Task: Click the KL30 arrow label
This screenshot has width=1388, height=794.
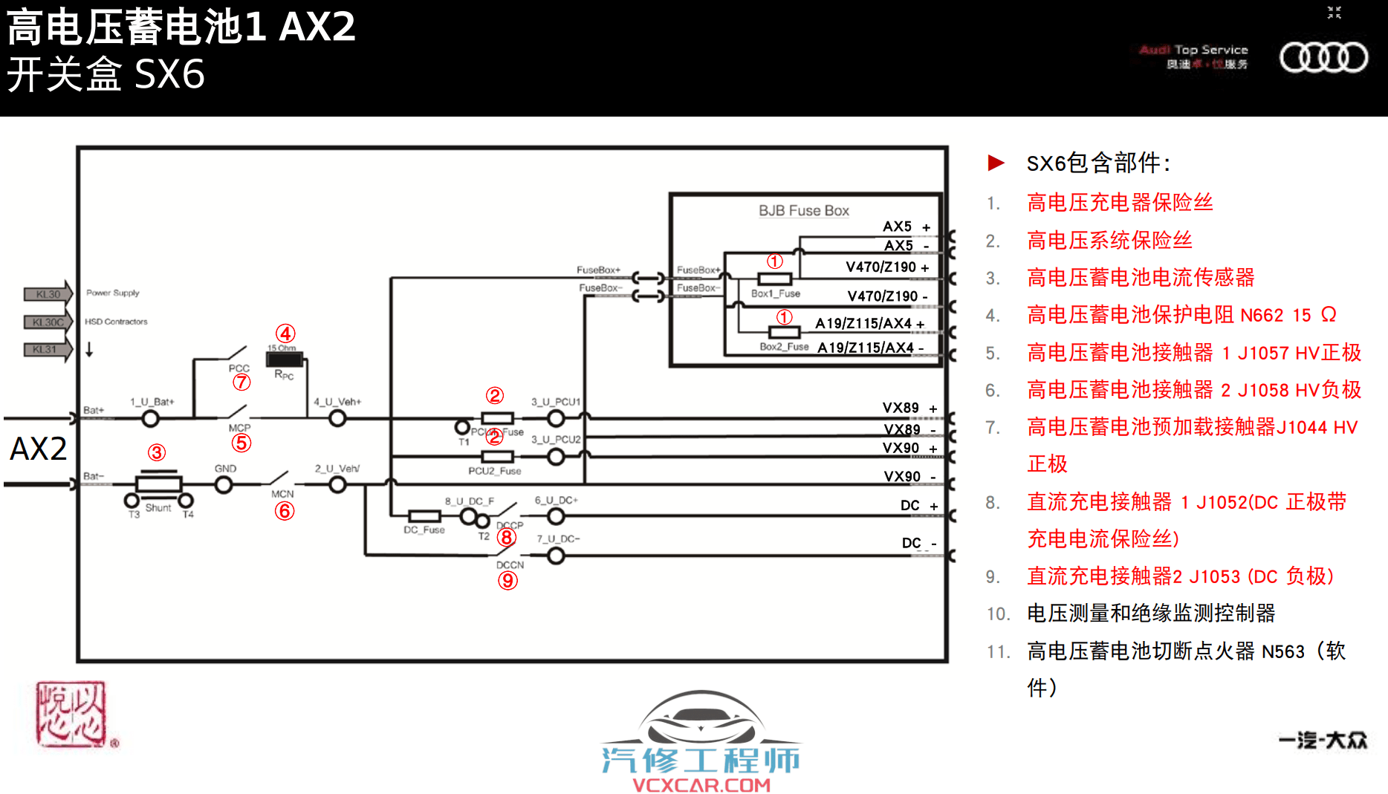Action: click(x=48, y=294)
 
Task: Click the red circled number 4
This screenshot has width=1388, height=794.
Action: click(x=285, y=333)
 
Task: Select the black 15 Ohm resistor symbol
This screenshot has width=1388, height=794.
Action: click(x=284, y=360)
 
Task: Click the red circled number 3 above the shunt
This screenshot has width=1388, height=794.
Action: click(x=156, y=452)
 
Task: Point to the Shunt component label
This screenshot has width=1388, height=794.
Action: click(x=158, y=508)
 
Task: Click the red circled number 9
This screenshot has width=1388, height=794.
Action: click(x=507, y=580)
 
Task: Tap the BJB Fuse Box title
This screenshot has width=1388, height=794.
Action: click(x=803, y=211)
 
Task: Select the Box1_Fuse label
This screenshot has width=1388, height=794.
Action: click(x=775, y=294)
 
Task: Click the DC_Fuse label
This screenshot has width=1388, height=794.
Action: click(x=424, y=530)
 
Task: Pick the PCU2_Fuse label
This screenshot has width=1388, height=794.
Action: click(x=494, y=471)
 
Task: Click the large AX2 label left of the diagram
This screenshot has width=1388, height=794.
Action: click(x=38, y=449)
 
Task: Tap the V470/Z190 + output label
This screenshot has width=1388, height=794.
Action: click(x=886, y=267)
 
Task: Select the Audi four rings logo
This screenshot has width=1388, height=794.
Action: click(x=1323, y=57)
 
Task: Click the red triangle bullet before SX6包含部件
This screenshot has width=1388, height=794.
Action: click(x=996, y=163)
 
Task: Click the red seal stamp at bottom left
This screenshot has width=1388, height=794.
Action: click(x=72, y=715)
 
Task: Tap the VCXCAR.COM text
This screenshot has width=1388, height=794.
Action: click(x=701, y=785)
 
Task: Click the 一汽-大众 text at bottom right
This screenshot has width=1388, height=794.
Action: click(x=1323, y=741)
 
